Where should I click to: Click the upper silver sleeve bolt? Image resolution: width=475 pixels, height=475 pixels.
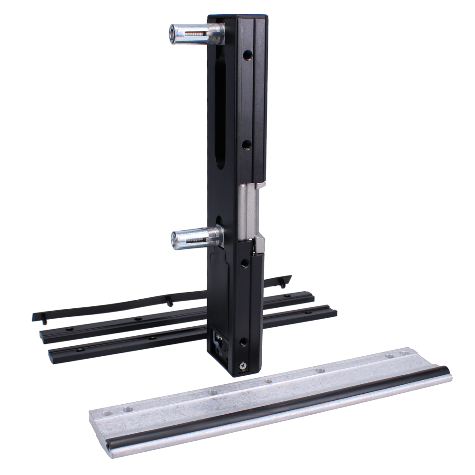[x=190, y=33]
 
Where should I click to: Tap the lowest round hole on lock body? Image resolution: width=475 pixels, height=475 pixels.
[x=244, y=341]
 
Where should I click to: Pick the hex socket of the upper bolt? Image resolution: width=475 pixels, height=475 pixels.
[x=171, y=34]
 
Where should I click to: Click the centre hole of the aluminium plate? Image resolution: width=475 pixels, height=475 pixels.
[x=268, y=381]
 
